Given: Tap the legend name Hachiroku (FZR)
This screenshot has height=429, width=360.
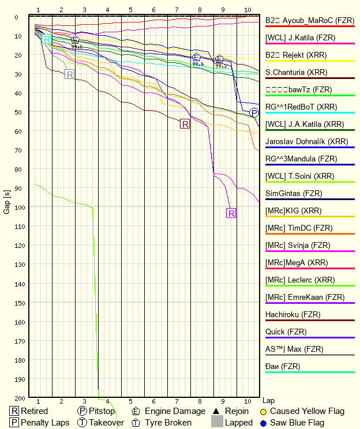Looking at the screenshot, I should (292, 314).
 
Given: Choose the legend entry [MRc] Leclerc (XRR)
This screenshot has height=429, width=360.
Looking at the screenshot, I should (300, 280).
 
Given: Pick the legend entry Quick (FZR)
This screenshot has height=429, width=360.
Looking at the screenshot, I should (286, 332).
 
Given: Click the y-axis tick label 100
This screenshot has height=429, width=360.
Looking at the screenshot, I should (19, 207).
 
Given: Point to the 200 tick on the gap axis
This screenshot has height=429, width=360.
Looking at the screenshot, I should (19, 398).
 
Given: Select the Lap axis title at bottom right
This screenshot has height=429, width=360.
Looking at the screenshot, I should (268, 400).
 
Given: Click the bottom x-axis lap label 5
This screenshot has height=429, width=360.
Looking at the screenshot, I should (130, 401).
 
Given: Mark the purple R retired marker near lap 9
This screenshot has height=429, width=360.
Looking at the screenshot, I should (231, 213).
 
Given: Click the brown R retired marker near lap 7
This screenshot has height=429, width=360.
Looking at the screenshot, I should (185, 123).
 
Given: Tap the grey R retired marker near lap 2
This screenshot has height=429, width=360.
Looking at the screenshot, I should (69, 74).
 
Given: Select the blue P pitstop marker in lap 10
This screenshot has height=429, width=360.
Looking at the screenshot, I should (254, 112).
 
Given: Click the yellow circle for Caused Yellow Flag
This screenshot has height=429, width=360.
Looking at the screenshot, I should (263, 411).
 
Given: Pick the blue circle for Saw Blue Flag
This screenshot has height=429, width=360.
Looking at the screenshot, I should (263, 423).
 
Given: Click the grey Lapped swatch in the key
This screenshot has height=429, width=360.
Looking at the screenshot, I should (216, 423).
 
